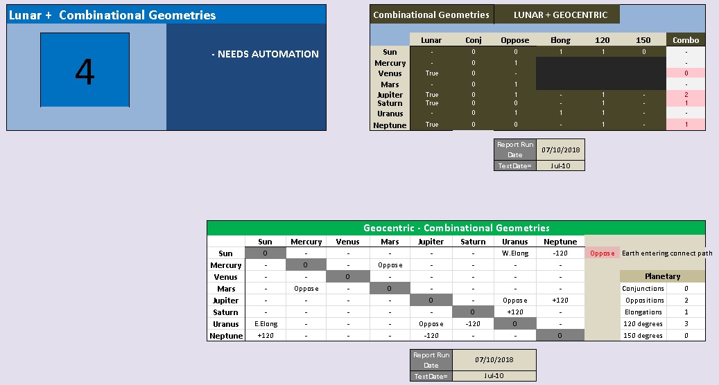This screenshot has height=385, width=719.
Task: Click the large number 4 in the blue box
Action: (85, 71)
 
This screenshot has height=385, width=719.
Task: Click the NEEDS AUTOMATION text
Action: (265, 54)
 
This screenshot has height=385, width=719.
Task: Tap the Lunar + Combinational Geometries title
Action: (112, 15)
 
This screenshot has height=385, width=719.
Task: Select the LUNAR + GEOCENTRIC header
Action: (560, 15)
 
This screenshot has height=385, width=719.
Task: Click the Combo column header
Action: (686, 40)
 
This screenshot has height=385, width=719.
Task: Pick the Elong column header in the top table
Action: (560, 40)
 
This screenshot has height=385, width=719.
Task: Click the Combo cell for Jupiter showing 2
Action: (686, 95)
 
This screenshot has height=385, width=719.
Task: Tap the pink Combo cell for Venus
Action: (686, 73)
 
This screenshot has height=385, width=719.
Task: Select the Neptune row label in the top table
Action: (390, 125)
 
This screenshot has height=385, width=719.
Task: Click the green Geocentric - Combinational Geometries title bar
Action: (456, 228)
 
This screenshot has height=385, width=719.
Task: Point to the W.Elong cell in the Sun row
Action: (515, 253)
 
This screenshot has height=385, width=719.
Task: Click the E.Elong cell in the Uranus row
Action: (266, 324)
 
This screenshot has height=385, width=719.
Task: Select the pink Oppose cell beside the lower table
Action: (603, 253)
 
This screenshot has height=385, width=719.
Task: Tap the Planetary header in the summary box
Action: (662, 276)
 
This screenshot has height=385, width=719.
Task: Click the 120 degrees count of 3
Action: (686, 324)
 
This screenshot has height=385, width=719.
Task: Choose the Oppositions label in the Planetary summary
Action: (644, 301)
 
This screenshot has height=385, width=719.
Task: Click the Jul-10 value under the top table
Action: (560, 165)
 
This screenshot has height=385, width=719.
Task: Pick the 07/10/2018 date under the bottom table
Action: (494, 360)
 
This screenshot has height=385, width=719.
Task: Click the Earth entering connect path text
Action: (667, 253)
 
